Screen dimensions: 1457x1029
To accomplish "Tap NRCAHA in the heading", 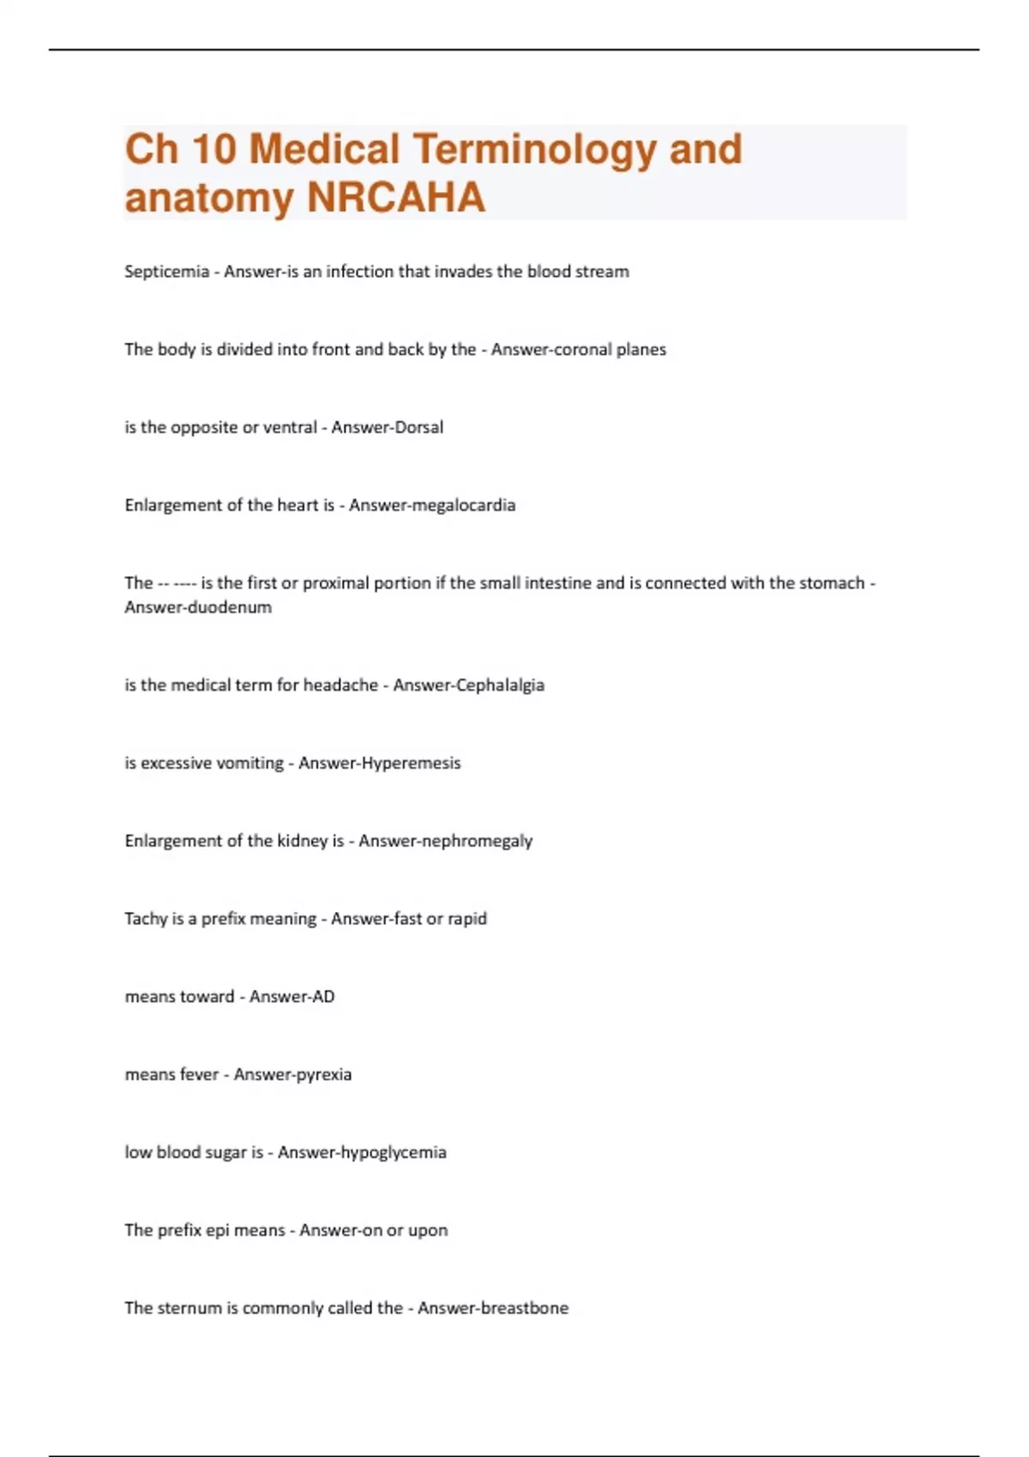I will pos(395,198).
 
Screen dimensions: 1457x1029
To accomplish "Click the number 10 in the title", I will pos(214,149).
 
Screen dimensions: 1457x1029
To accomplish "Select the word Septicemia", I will pos(166,272).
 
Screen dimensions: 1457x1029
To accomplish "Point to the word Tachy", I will pos(146,919).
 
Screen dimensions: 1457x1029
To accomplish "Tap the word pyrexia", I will pos(322,1075).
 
